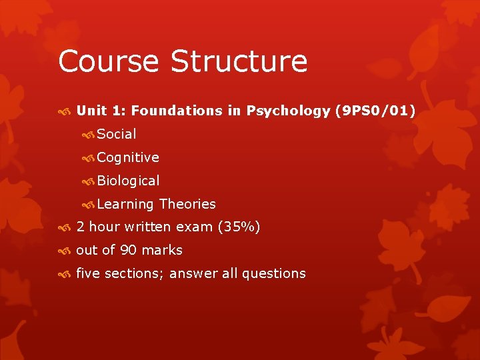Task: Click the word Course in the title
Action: pos(109,61)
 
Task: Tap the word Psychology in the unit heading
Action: pos(288,111)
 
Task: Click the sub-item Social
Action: pos(117,134)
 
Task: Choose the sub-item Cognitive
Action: pos(128,157)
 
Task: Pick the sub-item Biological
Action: pos(128,181)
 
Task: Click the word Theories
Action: pos(188,204)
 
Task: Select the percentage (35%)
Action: pos(239,227)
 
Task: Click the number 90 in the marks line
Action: pos(129,250)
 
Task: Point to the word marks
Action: pos(162,250)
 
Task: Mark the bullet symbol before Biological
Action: pos(87,181)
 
